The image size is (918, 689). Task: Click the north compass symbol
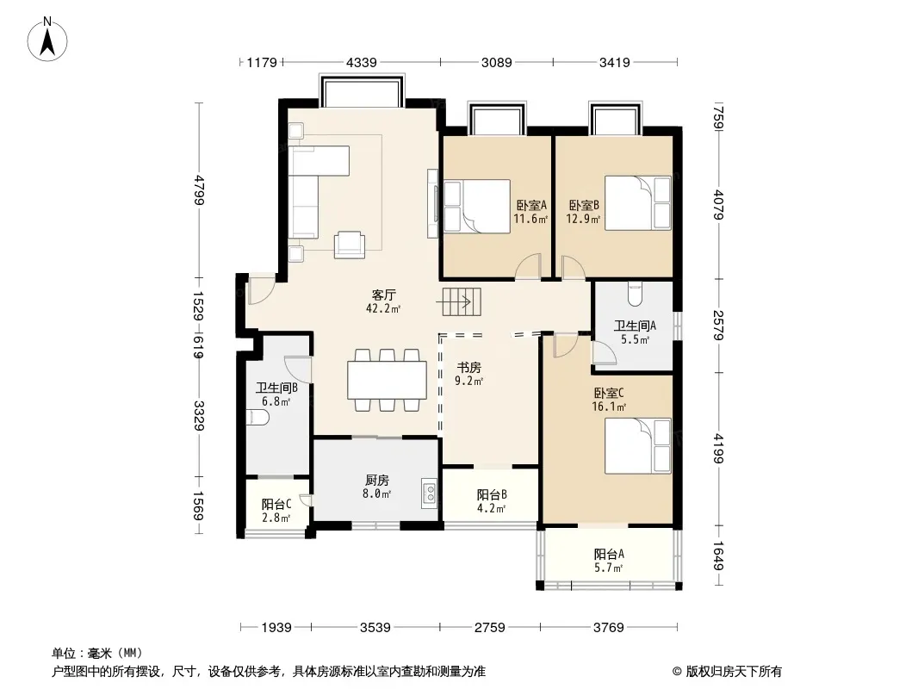[x=47, y=40]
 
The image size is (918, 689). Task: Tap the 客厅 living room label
[x=383, y=295]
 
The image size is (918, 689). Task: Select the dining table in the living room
[x=387, y=381]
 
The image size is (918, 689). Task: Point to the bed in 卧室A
[x=477, y=206]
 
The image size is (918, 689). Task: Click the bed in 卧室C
[x=637, y=446]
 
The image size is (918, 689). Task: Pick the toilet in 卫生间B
[x=257, y=418]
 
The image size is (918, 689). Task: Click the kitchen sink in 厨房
[x=429, y=493]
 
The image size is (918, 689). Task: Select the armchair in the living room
[x=350, y=245]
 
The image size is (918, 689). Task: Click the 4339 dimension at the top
[x=361, y=62]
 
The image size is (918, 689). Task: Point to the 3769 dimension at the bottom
[x=608, y=628]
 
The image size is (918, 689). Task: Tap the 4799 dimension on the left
[x=200, y=189]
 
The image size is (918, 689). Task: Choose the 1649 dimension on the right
[x=718, y=556]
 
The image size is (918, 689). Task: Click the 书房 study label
[x=469, y=367]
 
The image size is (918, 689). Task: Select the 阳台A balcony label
[x=609, y=554]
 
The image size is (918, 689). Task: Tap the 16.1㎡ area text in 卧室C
[x=609, y=407]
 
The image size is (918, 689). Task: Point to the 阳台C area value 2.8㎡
[x=276, y=518]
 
